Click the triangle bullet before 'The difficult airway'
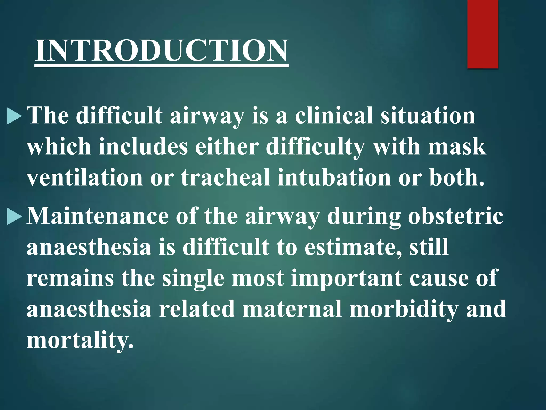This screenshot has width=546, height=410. point(14,116)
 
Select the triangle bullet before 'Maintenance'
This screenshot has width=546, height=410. point(14,216)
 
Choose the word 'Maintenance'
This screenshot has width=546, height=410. point(97,216)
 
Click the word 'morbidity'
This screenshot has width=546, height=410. point(404,309)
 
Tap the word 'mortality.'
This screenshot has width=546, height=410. point(80,340)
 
